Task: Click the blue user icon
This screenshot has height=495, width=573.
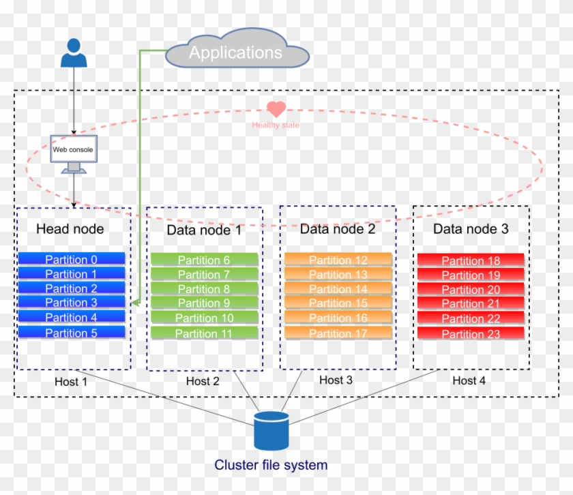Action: click(x=74, y=52)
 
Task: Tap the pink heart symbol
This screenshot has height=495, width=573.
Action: click(x=276, y=109)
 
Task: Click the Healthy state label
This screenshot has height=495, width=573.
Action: click(x=276, y=125)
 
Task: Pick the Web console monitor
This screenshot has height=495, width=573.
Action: click(x=73, y=153)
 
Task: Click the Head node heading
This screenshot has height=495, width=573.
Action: click(x=70, y=229)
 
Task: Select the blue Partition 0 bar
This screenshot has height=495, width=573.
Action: click(x=72, y=259)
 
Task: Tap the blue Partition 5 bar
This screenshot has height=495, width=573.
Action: click(x=72, y=333)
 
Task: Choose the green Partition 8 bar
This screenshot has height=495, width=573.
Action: click(x=204, y=289)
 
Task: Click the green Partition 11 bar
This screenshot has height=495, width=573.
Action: click(x=204, y=333)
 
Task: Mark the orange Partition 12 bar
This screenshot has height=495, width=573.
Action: click(x=338, y=260)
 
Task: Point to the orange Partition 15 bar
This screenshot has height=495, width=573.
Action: click(x=338, y=303)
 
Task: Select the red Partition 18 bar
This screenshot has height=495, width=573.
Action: click(x=471, y=260)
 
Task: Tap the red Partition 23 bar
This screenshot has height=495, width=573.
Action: click(x=471, y=334)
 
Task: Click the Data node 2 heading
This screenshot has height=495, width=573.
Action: click(x=338, y=229)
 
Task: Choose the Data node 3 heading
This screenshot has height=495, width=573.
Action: click(x=471, y=229)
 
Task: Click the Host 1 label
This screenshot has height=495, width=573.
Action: click(x=71, y=382)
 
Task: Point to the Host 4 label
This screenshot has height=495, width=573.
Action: click(x=469, y=380)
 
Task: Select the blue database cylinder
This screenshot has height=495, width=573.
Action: click(x=271, y=431)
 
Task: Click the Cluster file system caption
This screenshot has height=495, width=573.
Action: click(x=271, y=466)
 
